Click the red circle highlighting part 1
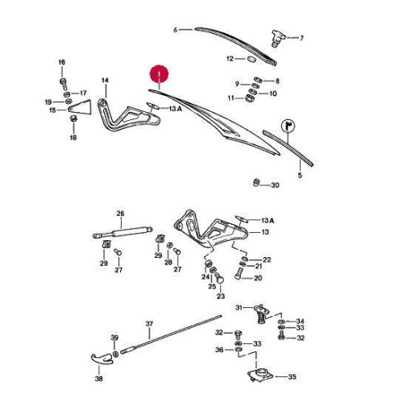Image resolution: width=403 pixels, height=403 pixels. coord(159,74)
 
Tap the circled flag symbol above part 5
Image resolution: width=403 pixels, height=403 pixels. coord(288,126)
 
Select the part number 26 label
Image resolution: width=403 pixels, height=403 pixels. coord(120,214)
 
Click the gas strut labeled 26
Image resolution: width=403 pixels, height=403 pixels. coord(123,232)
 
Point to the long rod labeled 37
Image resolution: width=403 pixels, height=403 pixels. coord(171,334)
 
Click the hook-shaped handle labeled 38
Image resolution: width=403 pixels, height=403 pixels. coord(102,359)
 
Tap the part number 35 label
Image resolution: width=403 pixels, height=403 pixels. coord(292,376)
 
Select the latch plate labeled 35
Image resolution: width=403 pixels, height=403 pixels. coord(260,375)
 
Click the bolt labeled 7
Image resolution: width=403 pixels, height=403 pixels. coord(276,39)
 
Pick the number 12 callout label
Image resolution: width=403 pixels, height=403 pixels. coord(230,58)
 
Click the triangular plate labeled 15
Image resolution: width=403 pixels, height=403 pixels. coord(80,107)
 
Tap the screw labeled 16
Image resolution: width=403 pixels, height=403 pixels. coord(63,84)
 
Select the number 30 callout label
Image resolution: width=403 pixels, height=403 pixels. coord(275,185)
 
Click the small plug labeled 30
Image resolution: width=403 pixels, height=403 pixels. coord(256,182)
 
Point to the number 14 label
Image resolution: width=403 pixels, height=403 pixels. coord(105,80)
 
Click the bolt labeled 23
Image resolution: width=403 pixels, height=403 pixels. coord(219,278)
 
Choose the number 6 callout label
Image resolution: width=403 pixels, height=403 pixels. coord(176,30)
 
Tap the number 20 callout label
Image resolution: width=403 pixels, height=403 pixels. coord(258,278)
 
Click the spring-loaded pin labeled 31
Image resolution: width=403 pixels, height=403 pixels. coord(260,314)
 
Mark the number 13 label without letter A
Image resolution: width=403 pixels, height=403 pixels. coord(265,231)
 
